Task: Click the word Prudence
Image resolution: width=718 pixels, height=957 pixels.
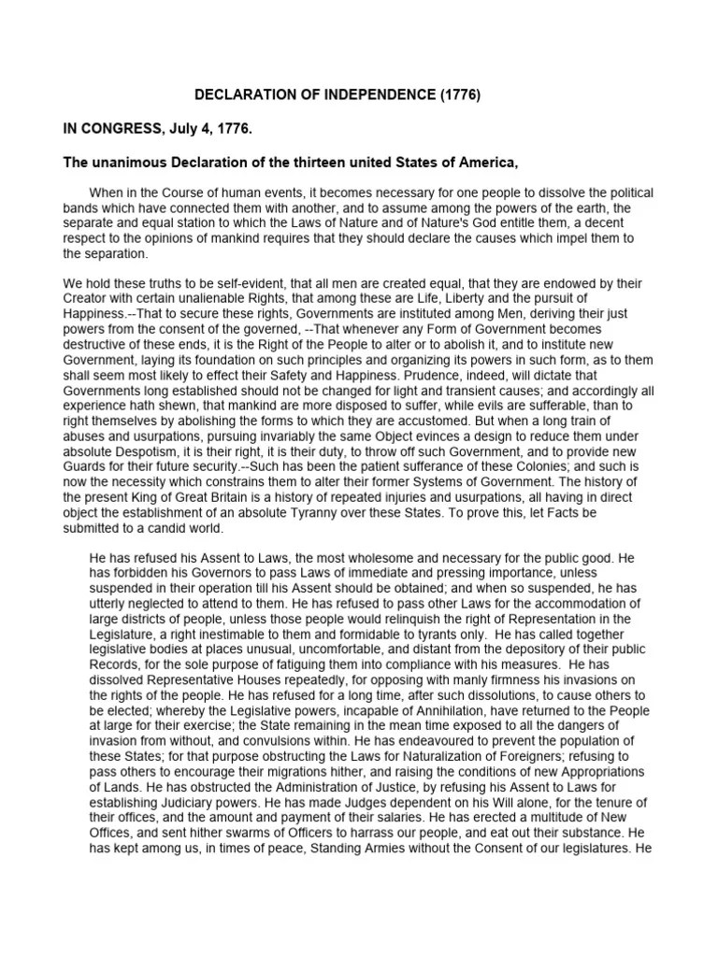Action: point(452,373)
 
